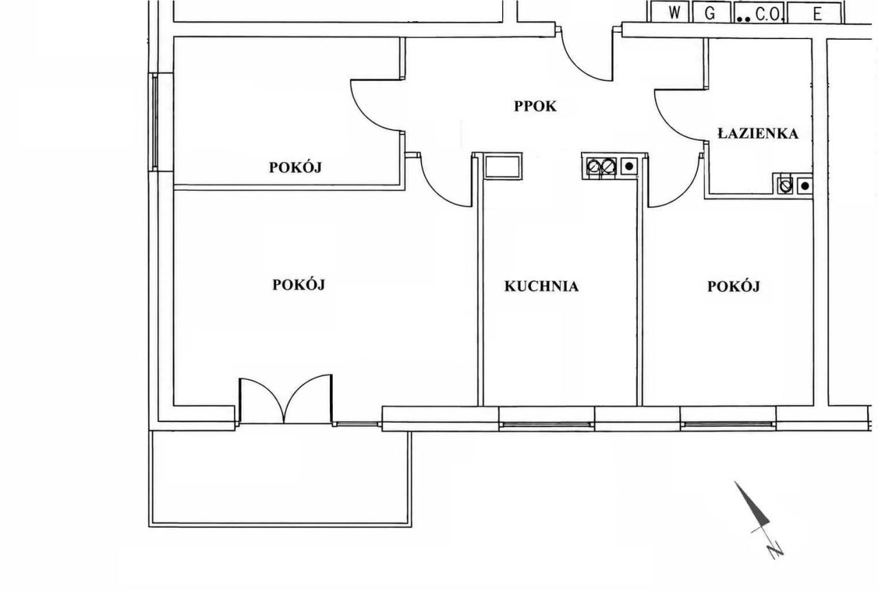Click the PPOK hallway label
click(x=535, y=106)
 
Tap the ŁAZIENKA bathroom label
click(x=758, y=133)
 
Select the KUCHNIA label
click(x=541, y=287)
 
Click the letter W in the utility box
click(x=674, y=13)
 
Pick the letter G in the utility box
click(x=709, y=14)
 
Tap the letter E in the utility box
click(x=817, y=14)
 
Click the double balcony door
click(x=285, y=399)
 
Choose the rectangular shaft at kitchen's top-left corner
click(x=503, y=167)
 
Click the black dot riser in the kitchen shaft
click(x=629, y=166)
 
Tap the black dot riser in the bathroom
click(x=805, y=186)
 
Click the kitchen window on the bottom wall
click(x=547, y=425)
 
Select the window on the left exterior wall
click(x=155, y=122)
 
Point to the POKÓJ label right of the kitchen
click(x=733, y=287)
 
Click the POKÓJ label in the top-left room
click(x=295, y=167)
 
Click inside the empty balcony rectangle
click(x=281, y=478)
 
